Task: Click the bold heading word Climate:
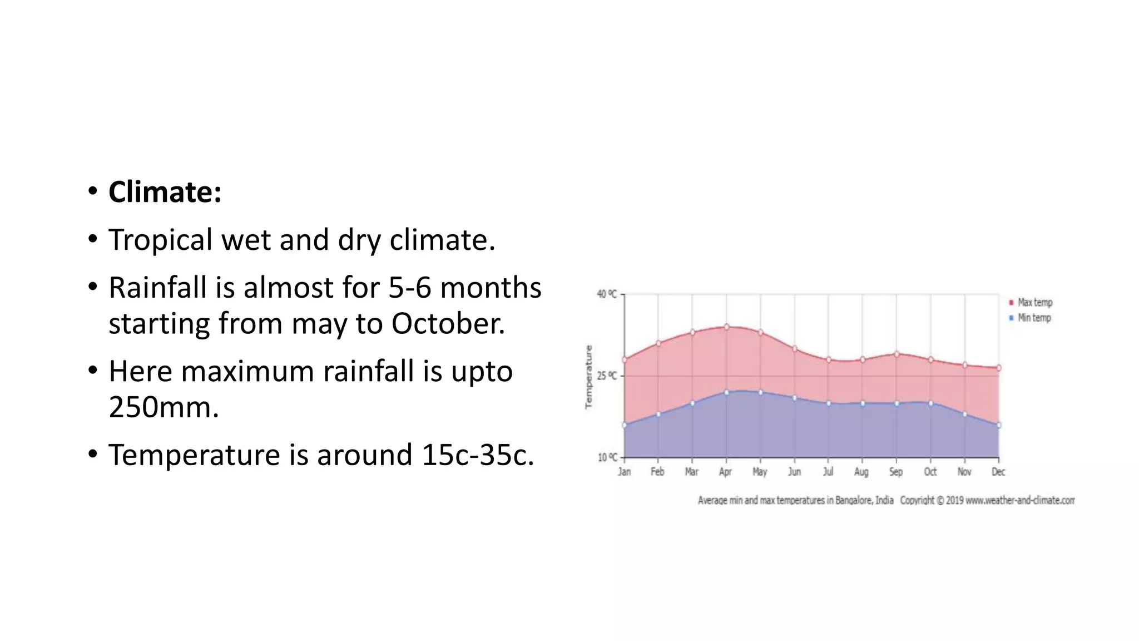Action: click(x=165, y=193)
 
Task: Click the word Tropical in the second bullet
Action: click(x=160, y=240)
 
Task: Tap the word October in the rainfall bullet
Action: click(x=448, y=324)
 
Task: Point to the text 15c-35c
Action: click(x=477, y=455)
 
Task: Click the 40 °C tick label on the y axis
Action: click(x=607, y=294)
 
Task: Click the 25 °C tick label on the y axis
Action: click(x=607, y=376)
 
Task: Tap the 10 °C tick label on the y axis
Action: click(x=607, y=458)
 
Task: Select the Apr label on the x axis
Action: click(x=726, y=472)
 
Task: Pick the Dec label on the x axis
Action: click(x=998, y=472)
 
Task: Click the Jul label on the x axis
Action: click(x=828, y=472)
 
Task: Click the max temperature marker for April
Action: click(x=726, y=327)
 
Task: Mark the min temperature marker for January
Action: click(x=625, y=425)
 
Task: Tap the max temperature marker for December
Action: click(x=999, y=368)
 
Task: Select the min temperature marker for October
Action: click(x=930, y=403)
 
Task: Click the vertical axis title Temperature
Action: click(x=589, y=377)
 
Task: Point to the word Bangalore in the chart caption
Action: click(x=854, y=500)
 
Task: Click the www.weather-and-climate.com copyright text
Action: click(x=1019, y=500)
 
